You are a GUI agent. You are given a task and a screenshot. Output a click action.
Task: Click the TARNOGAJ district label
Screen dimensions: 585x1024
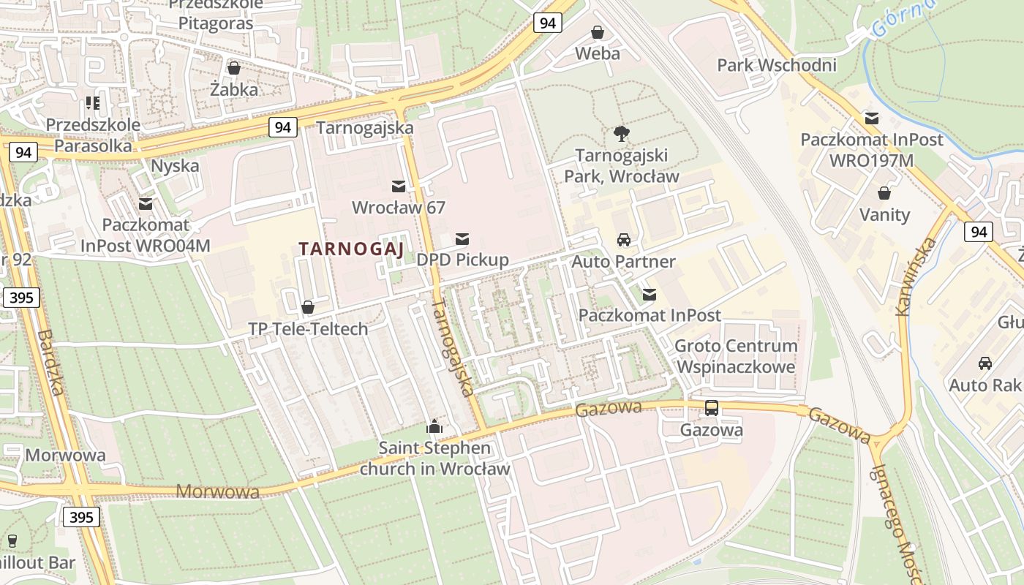(351, 249)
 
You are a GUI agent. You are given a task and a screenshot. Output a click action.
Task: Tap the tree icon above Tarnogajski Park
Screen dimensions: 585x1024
(622, 134)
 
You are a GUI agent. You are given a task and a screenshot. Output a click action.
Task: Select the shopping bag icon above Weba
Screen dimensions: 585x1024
(598, 32)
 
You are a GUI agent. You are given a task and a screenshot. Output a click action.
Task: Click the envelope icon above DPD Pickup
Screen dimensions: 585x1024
(462, 238)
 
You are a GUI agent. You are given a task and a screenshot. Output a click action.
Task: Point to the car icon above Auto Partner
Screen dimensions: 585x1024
(623, 240)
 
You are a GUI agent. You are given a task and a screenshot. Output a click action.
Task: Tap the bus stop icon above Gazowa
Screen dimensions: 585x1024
(711, 408)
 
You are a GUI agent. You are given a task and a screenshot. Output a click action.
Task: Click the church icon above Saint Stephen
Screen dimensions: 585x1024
(434, 426)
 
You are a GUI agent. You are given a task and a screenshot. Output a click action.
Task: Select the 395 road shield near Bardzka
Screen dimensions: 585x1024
(20, 298)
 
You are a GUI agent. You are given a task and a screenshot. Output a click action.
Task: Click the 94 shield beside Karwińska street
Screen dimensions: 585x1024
(978, 233)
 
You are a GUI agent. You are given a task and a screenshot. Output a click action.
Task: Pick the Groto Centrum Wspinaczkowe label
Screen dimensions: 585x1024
(736, 355)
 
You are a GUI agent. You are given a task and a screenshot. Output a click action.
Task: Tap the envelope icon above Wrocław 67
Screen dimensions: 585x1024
(399, 186)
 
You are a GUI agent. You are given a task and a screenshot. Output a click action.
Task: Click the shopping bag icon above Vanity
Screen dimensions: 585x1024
(884, 193)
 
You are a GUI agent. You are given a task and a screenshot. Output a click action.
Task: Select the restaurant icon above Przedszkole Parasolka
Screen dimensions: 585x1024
(92, 103)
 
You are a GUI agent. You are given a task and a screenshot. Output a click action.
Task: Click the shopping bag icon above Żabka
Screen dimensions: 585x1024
(234, 68)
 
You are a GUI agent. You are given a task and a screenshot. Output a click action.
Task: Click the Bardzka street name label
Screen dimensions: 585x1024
(51, 362)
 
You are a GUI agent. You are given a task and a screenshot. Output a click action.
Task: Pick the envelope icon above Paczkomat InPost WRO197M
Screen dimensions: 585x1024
(871, 118)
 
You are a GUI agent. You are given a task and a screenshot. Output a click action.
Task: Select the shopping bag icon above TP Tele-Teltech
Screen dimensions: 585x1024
(308, 307)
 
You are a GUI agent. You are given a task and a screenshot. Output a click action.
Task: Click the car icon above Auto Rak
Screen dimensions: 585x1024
(985, 363)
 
